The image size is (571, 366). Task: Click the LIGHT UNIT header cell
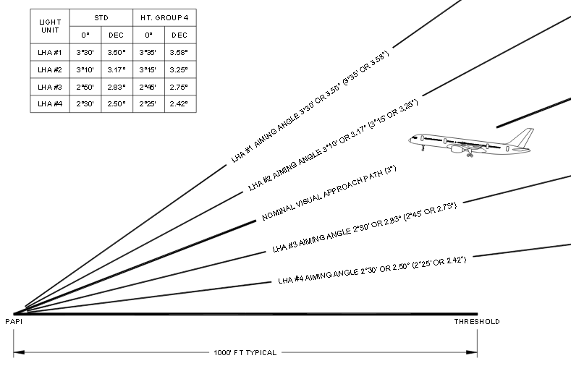[x=50, y=26]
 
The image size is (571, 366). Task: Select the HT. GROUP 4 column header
[x=164, y=18]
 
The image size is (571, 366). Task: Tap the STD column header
[x=101, y=18]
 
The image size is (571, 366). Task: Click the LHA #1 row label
[x=50, y=52]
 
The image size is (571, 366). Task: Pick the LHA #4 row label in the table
[x=50, y=104]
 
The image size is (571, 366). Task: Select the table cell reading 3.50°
[x=117, y=52]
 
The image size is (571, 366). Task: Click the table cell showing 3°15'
[x=148, y=70]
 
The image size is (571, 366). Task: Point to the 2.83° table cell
[x=117, y=88]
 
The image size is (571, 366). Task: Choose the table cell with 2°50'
[x=85, y=88]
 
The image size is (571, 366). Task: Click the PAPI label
[x=14, y=322]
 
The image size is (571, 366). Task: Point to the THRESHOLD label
[x=477, y=322]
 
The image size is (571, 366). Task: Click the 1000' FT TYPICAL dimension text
[x=245, y=352]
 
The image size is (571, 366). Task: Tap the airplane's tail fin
[x=523, y=137]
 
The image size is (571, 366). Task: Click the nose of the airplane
[x=410, y=140]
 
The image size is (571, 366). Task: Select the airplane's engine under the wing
[x=457, y=148]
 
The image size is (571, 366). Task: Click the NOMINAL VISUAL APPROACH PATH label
[x=329, y=193]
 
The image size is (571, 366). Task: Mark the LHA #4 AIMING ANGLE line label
[x=372, y=270]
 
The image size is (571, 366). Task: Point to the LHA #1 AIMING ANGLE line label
[x=310, y=106]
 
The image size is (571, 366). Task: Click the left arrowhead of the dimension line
[x=19, y=352]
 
